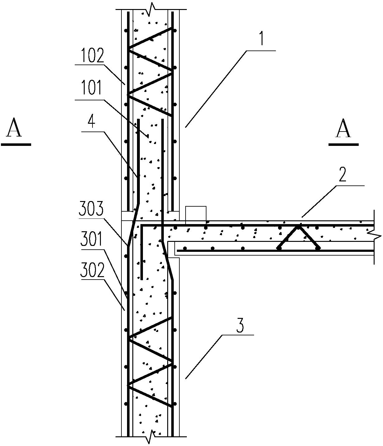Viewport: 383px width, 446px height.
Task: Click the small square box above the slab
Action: (x=196, y=214)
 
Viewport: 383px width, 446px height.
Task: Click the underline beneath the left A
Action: (x=16, y=144)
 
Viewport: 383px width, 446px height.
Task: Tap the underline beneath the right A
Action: (x=344, y=144)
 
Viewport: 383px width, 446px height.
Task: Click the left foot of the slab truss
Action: (x=279, y=248)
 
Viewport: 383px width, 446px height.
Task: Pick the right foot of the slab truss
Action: (x=318, y=248)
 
